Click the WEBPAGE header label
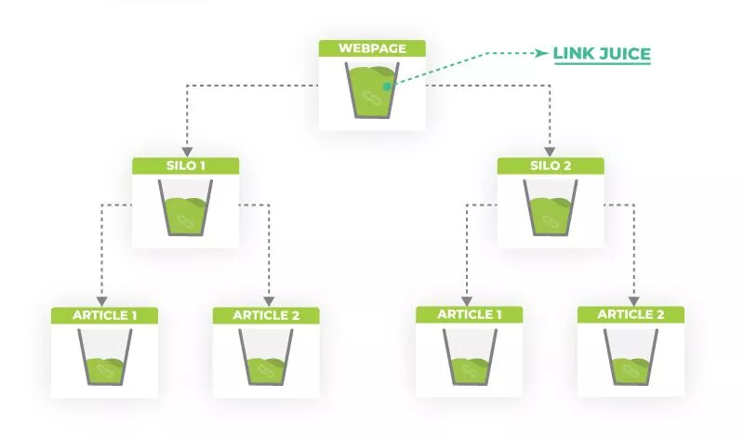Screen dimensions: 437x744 point(372,47)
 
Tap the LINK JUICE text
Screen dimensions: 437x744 point(601,53)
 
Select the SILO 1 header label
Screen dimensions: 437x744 point(185,166)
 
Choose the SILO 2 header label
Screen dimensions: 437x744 point(551,166)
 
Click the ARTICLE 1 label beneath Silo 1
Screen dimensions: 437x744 point(104,315)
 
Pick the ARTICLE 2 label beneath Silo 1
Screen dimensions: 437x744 point(266,315)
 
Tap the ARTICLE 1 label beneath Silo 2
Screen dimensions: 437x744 point(470,315)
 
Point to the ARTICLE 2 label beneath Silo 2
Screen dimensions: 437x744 point(631,315)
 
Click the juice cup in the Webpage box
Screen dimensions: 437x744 point(372,90)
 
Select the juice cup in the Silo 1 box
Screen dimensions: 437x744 point(185,208)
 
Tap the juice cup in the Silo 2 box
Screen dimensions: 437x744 point(551,208)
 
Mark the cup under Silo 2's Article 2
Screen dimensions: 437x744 point(631,358)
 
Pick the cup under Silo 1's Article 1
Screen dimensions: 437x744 point(104,358)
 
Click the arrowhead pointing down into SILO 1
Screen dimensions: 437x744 point(186,150)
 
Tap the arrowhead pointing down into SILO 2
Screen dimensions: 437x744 point(551,150)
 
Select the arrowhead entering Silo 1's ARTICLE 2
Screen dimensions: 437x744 point(269,299)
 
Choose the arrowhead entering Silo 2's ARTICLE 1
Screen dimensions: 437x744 point(467,299)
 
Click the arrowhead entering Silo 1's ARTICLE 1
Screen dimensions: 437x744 point(102,299)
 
